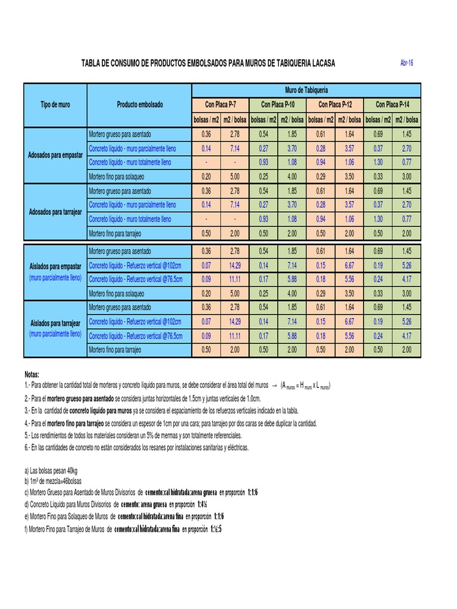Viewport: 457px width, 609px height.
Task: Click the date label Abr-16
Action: coord(407,63)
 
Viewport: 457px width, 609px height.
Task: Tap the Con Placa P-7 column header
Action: coord(221,105)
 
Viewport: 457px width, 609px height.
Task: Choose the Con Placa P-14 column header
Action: coord(392,105)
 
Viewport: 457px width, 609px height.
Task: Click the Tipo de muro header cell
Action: coord(55,105)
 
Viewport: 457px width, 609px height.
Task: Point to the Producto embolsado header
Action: coord(140,105)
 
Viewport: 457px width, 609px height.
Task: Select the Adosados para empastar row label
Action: coord(55,155)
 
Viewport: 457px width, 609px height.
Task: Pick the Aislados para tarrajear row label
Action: coord(55,323)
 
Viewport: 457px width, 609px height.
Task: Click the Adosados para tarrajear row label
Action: coord(55,212)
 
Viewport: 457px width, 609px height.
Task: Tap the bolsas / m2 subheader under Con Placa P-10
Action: coord(264,120)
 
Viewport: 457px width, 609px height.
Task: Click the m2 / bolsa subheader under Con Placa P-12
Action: coord(349,120)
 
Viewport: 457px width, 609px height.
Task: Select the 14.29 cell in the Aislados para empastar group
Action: coord(235,265)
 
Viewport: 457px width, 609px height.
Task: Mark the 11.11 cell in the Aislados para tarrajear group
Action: coord(235,336)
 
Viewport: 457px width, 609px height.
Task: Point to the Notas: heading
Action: coord(32,375)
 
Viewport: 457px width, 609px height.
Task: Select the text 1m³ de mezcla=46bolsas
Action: coord(58,481)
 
